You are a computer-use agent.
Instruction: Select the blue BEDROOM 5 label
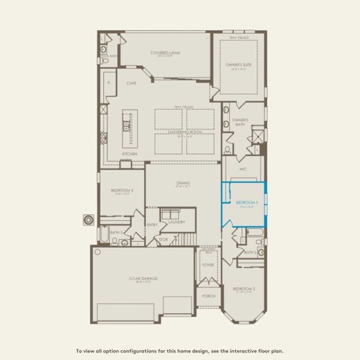(x=247, y=203)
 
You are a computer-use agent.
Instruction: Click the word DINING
(x=183, y=183)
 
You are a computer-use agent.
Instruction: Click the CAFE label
(x=131, y=83)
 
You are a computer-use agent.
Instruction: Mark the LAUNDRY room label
(x=176, y=222)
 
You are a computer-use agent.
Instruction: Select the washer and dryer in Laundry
(x=171, y=214)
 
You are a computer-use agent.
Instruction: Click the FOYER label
(x=208, y=265)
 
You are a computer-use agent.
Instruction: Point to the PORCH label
(x=208, y=296)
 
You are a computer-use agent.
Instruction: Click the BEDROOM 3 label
(x=121, y=190)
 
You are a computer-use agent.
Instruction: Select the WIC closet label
(x=243, y=169)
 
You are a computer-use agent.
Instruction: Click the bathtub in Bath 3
(x=104, y=235)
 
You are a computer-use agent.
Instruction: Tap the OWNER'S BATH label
(x=240, y=121)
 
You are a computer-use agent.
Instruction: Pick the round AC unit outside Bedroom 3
(x=89, y=220)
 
